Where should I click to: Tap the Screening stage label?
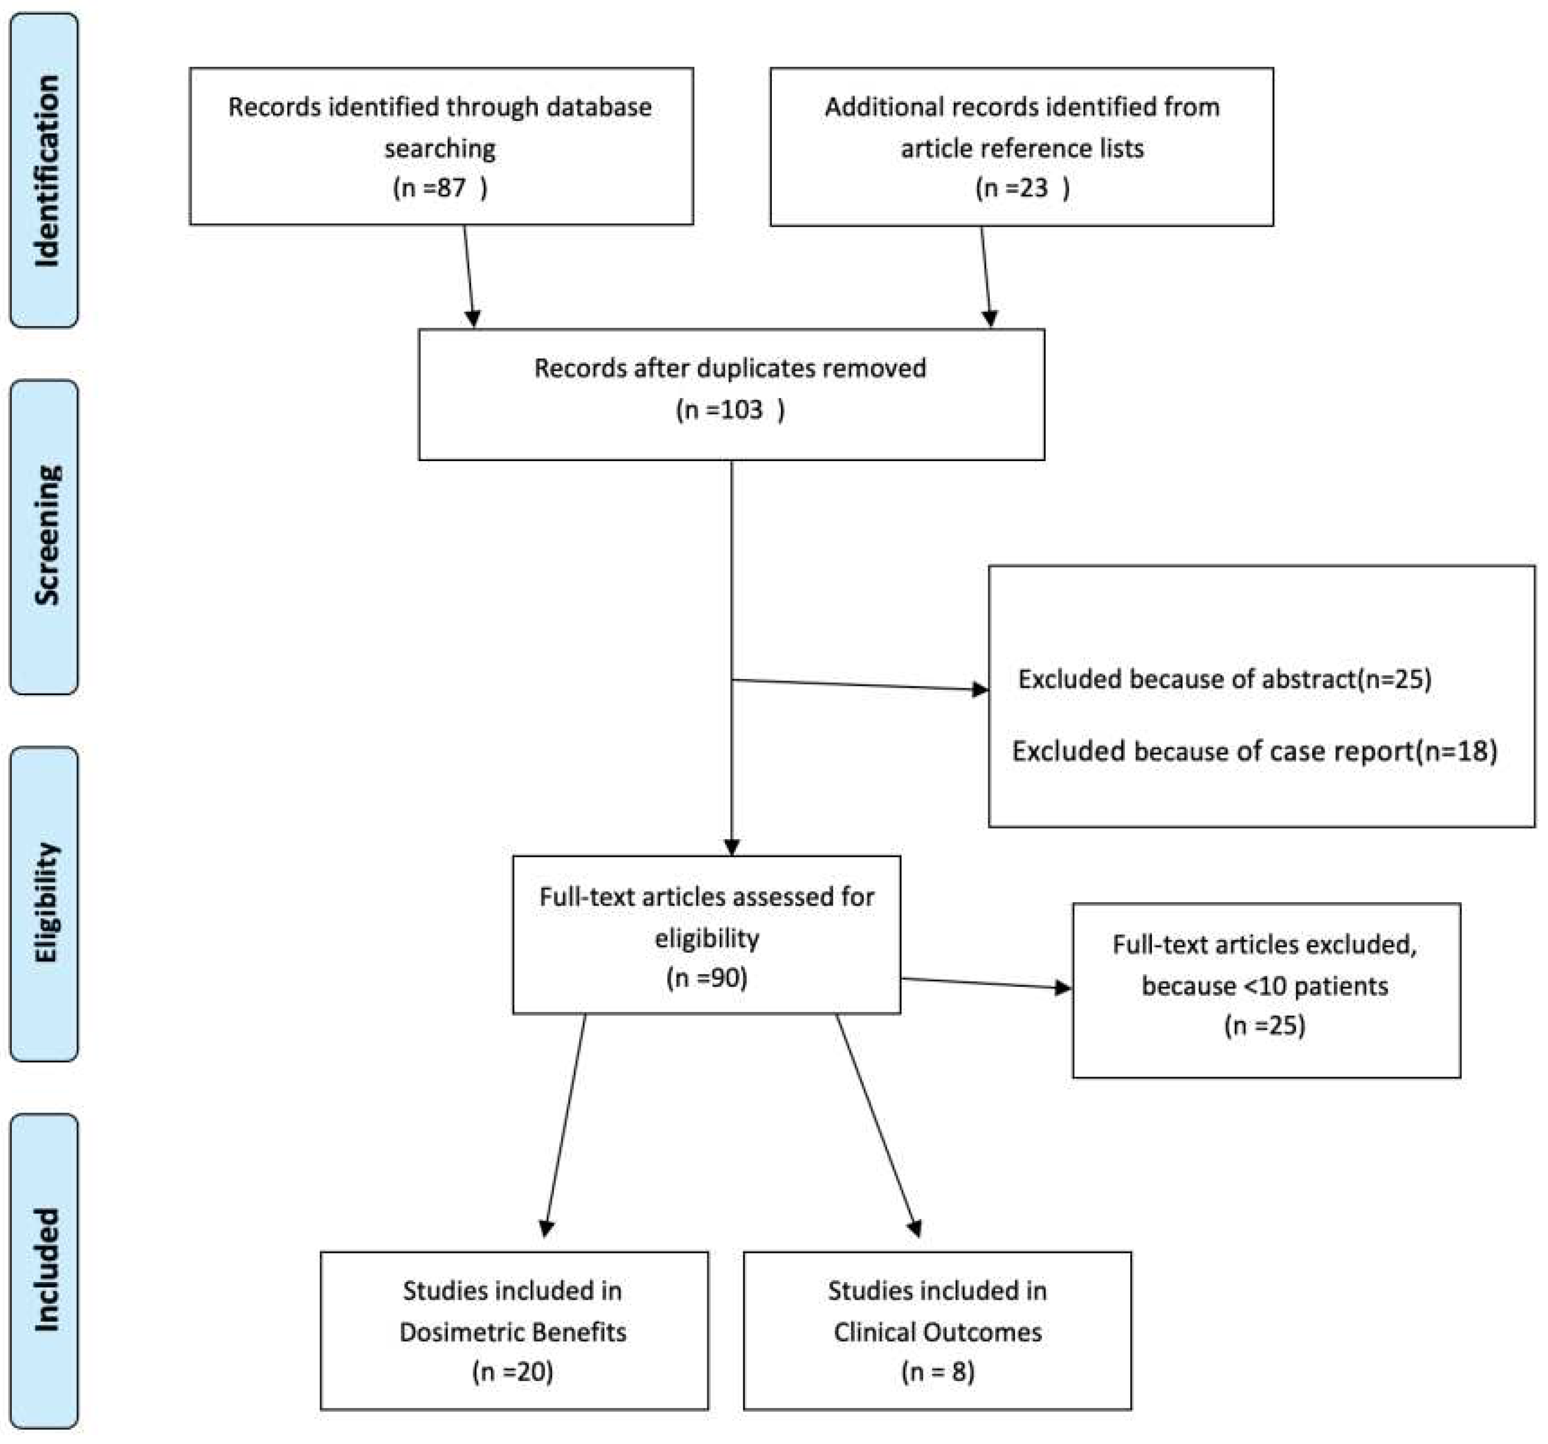coord(45,537)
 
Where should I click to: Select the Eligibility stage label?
coord(45,903)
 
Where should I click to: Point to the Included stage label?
coord(45,1270)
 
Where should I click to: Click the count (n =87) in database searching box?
coord(440,188)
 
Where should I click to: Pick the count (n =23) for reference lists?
coord(1022,188)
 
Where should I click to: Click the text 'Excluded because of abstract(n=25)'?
coord(1224,679)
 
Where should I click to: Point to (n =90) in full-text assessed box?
coord(706,978)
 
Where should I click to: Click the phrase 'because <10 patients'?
coord(1264,986)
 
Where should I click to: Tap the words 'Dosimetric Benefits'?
coord(512,1332)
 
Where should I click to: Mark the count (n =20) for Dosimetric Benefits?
coord(512,1371)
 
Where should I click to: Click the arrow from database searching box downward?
coord(469,277)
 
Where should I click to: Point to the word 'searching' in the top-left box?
coord(440,148)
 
